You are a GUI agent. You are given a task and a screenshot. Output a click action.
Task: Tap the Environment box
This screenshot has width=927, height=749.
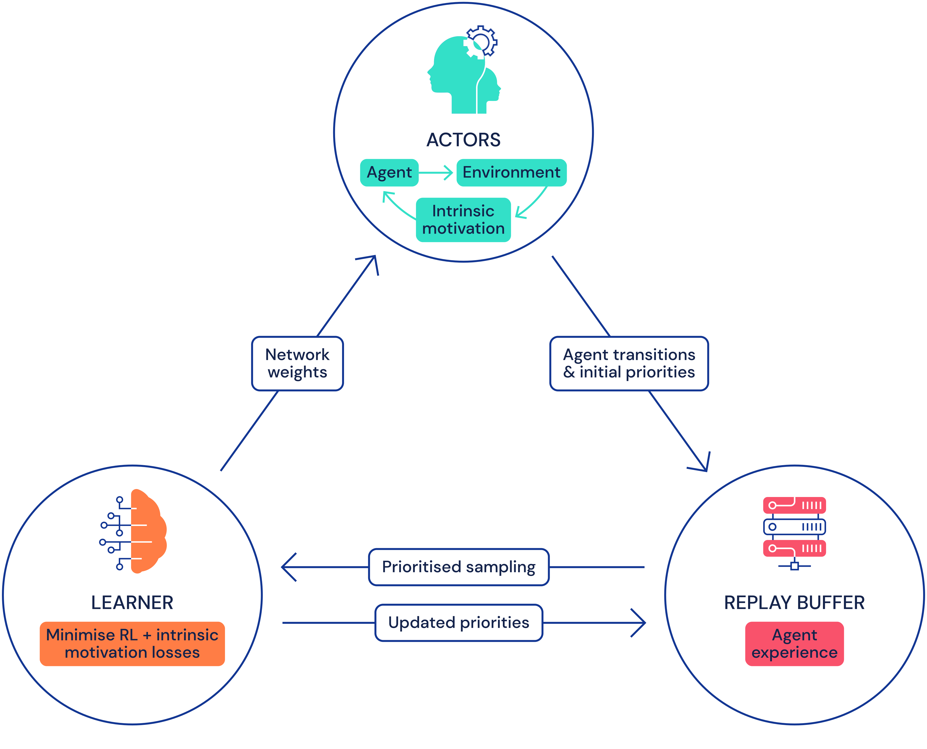click(511, 173)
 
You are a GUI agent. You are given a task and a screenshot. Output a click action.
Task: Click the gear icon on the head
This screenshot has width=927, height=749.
click(481, 42)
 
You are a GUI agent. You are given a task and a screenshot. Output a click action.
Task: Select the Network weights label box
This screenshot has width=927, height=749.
click(297, 363)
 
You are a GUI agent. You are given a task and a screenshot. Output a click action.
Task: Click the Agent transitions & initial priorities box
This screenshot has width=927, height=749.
click(629, 363)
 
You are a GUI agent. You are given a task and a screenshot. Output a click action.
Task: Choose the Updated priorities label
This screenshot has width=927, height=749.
click(458, 623)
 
